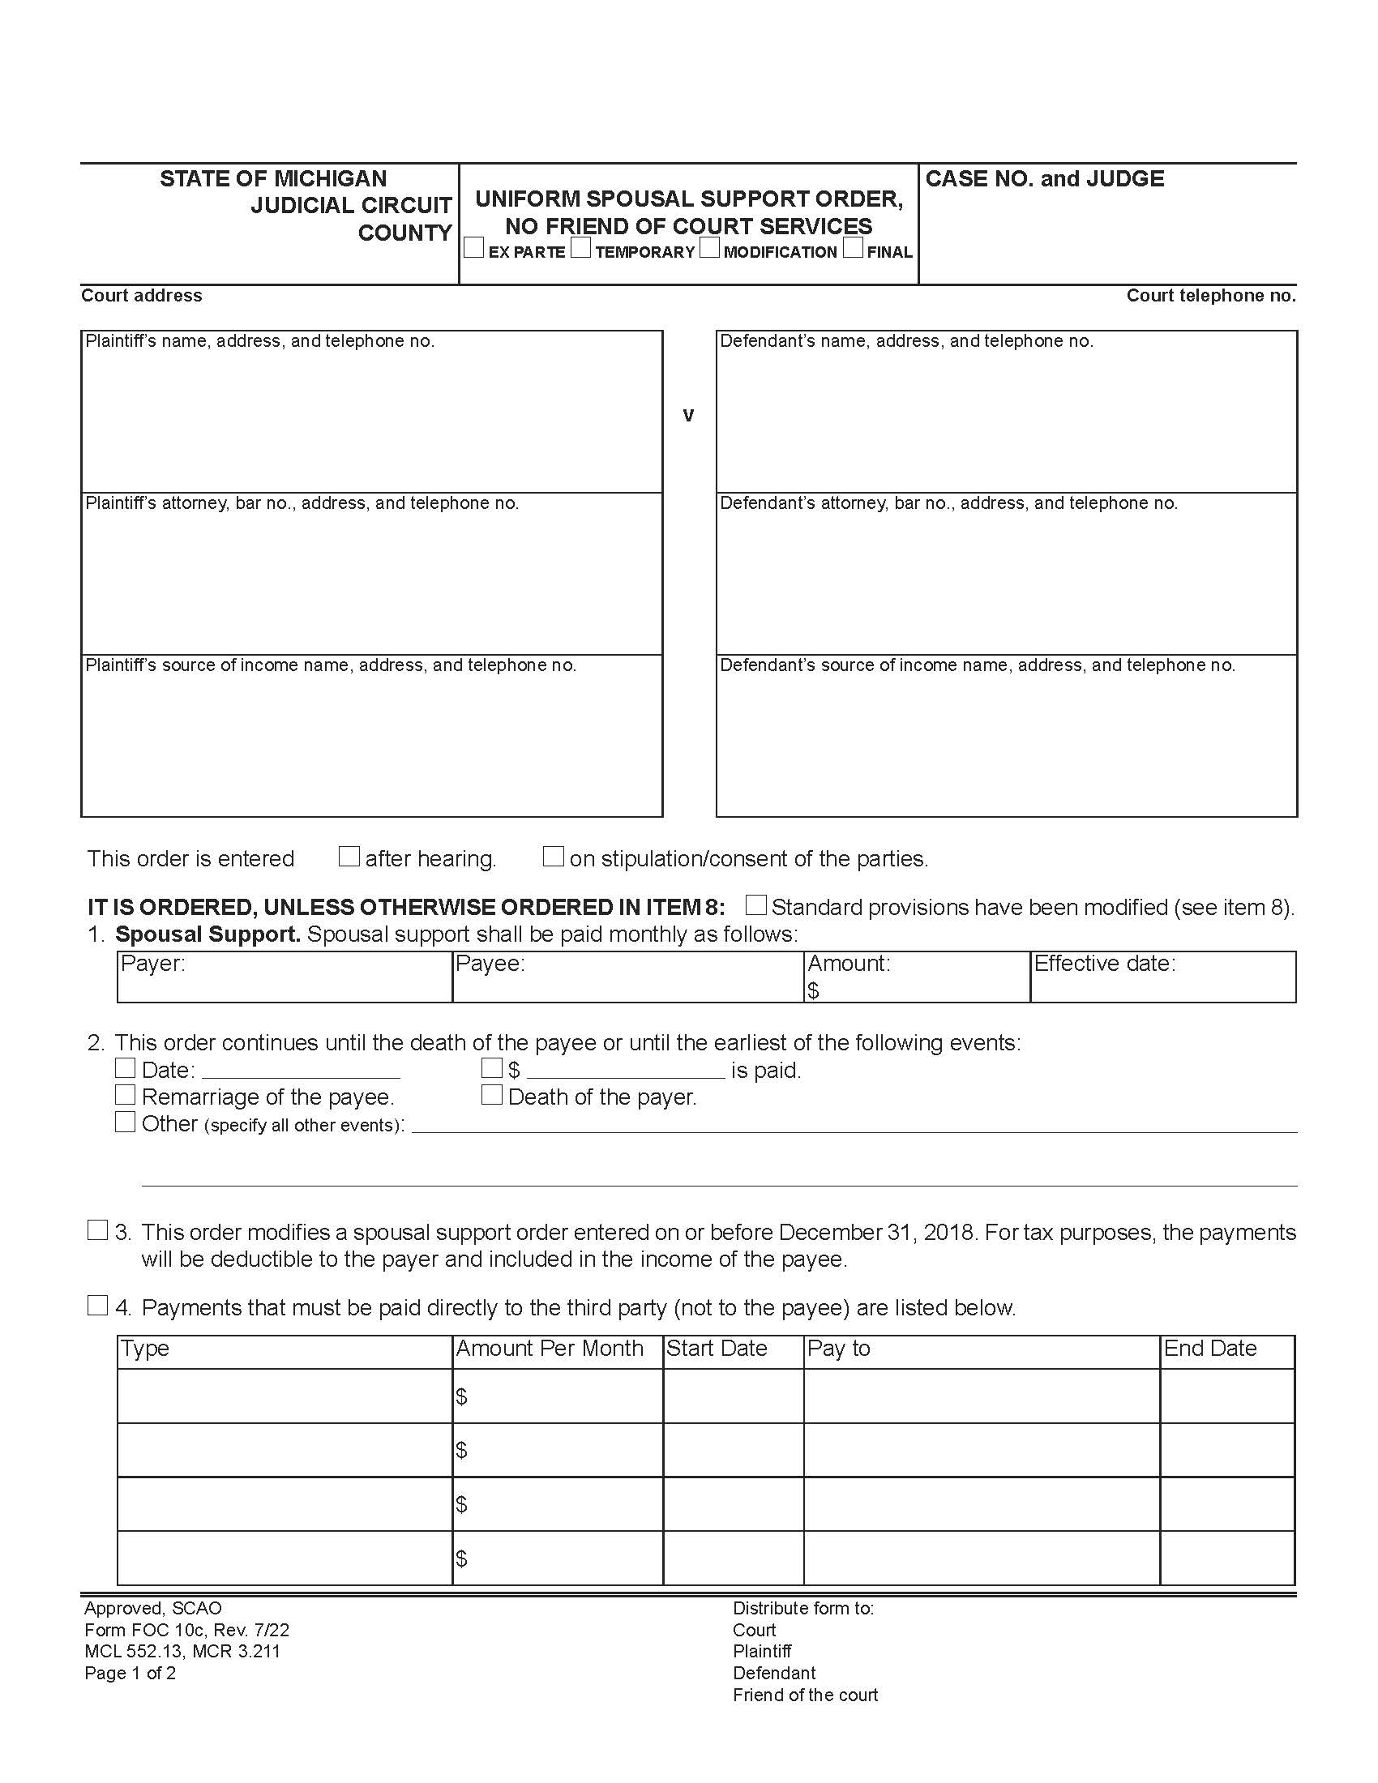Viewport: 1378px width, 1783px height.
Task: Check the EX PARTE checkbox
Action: click(473, 248)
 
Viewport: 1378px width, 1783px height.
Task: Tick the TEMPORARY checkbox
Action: click(580, 248)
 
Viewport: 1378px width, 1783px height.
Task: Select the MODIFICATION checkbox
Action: click(709, 248)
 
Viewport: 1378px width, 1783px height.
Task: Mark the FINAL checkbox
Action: click(853, 248)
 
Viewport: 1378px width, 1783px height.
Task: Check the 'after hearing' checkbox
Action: click(349, 857)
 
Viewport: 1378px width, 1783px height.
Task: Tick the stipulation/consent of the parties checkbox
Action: click(554, 857)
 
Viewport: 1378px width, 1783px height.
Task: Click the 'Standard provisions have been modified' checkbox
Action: click(756, 904)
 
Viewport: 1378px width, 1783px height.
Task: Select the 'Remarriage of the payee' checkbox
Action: click(125, 1094)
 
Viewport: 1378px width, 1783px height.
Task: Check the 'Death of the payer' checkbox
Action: click(491, 1095)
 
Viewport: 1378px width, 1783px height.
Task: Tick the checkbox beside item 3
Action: click(97, 1230)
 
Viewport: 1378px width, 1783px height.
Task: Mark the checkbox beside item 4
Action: click(97, 1306)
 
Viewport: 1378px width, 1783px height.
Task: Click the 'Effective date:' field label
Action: click(1105, 964)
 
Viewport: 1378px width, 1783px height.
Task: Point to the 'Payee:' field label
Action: click(490, 964)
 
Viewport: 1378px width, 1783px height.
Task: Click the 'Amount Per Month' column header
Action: click(550, 1349)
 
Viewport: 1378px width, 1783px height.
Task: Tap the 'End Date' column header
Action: click(1210, 1349)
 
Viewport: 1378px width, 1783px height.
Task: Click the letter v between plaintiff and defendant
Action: click(688, 416)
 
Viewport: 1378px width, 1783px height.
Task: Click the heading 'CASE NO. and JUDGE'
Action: click(1044, 179)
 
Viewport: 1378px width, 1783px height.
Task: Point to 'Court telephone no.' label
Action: click(1211, 296)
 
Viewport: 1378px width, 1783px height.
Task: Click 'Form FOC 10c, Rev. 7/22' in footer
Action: click(186, 1631)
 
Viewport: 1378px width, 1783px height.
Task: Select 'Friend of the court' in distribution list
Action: click(805, 1695)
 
